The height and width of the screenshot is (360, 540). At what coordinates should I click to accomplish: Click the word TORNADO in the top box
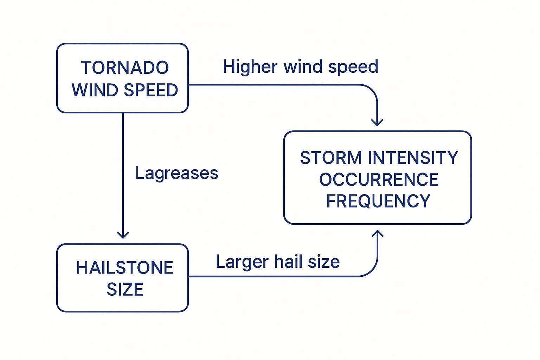(x=125, y=67)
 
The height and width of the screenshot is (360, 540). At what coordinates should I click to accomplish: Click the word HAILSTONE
(x=125, y=268)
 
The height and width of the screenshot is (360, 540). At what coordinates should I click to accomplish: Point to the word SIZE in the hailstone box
(x=125, y=289)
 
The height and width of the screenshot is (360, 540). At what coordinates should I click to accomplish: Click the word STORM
(x=331, y=157)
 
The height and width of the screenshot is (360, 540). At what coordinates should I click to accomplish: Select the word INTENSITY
(x=413, y=157)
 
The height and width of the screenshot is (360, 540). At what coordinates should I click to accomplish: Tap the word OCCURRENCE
(x=379, y=179)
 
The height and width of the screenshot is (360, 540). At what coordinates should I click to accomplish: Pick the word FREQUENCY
(x=378, y=201)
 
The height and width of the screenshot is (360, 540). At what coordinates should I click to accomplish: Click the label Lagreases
(x=176, y=173)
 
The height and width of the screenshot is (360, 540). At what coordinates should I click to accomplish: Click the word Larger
(x=242, y=262)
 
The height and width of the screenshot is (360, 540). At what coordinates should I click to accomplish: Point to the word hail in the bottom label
(x=288, y=262)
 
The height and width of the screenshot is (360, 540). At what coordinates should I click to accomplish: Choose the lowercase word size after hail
(x=323, y=262)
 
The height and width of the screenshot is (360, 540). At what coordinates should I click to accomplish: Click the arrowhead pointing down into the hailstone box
(x=123, y=235)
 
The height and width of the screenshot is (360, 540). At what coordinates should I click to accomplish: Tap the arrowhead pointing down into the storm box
(x=377, y=122)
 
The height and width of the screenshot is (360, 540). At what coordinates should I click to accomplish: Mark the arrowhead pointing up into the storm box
(x=378, y=233)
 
